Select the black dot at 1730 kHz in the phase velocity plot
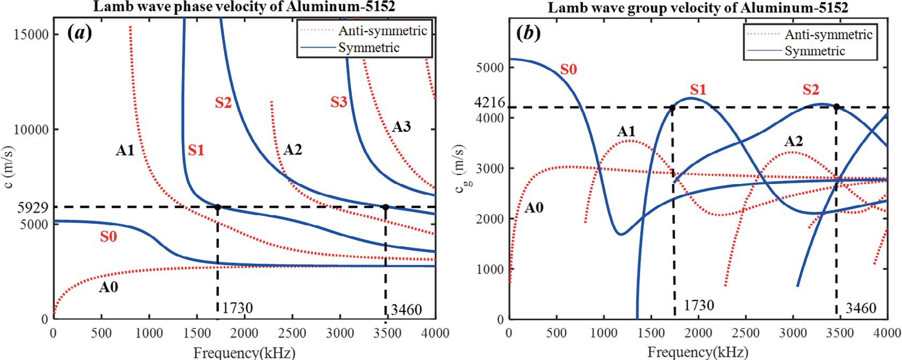218,207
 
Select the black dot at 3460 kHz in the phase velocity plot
385,207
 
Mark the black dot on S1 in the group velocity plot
672,108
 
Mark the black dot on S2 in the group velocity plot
836,107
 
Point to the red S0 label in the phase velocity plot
109,237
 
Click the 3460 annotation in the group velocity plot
861,308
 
